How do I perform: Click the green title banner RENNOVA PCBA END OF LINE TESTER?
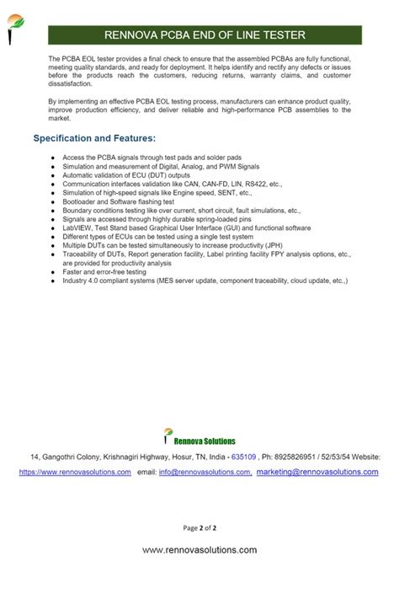(x=205, y=35)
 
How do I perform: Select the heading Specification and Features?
(x=94, y=137)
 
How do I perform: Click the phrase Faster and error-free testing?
(x=104, y=271)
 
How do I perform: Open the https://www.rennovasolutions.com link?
(x=75, y=473)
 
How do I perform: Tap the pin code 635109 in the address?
(x=243, y=457)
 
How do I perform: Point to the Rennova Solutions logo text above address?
(x=205, y=441)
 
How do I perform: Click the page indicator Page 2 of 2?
(x=200, y=528)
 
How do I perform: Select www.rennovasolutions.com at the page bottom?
(x=199, y=549)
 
